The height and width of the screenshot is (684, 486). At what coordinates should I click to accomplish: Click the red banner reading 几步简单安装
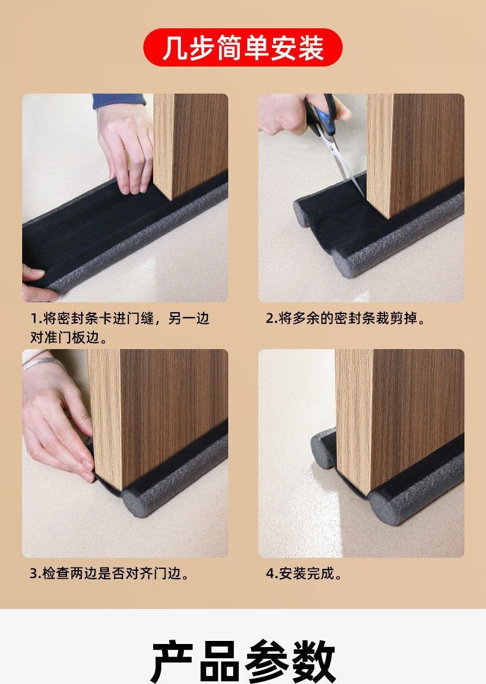click(242, 47)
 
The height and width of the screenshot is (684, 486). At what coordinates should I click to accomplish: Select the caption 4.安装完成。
click(305, 574)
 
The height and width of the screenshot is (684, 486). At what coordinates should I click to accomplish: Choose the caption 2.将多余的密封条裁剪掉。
click(346, 318)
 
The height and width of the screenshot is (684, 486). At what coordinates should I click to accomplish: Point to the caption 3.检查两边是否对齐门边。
click(110, 574)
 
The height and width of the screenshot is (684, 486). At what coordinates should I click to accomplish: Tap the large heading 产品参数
click(243, 661)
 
